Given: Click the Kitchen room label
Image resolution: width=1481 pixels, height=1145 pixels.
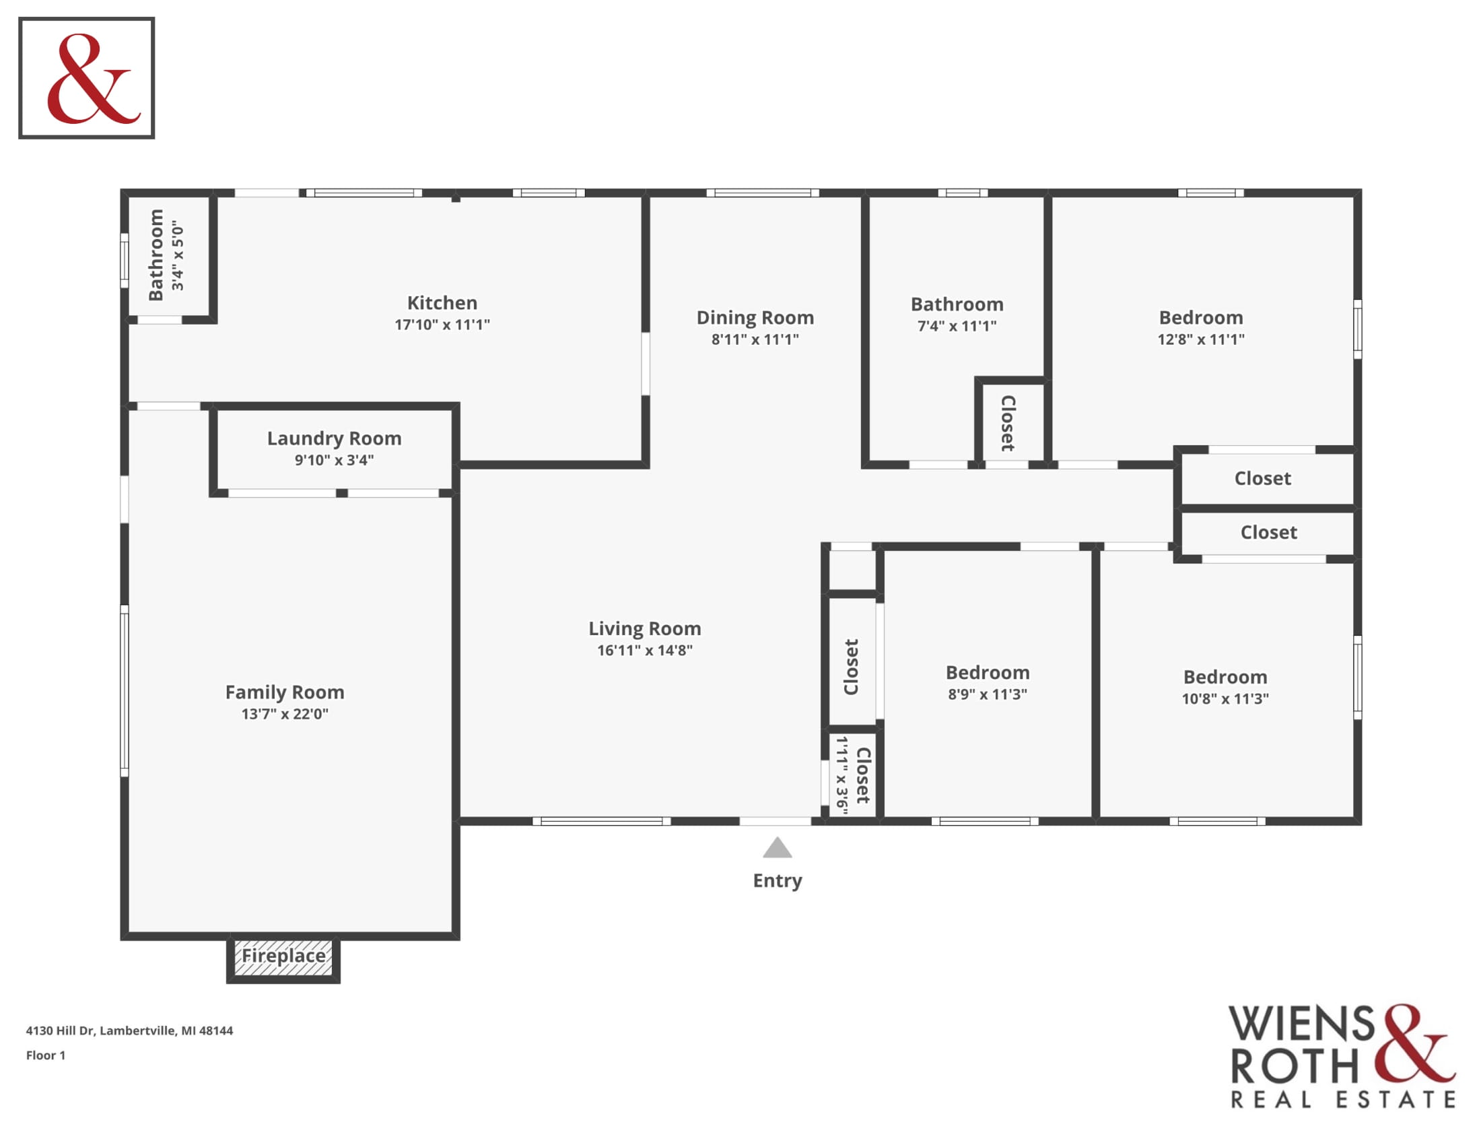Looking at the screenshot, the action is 442,302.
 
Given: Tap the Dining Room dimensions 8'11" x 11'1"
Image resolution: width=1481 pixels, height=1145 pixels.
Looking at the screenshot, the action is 755,339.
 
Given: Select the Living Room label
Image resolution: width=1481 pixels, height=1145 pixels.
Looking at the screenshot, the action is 645,629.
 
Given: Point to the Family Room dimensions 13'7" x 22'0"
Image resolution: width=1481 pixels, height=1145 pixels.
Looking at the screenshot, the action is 285,713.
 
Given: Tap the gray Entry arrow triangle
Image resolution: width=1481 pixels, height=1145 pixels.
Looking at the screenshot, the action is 777,847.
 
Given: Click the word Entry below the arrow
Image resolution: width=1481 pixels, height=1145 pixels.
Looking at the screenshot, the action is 777,880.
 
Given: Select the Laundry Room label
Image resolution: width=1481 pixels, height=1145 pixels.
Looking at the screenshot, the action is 335,438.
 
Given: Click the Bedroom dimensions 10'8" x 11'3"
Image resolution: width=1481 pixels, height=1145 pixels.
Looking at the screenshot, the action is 1225,698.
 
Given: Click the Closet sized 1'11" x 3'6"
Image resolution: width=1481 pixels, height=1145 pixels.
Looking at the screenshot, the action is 852,775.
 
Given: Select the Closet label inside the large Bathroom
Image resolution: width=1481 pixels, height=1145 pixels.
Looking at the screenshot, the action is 1008,423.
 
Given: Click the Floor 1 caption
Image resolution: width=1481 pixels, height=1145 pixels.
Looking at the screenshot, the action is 45,1055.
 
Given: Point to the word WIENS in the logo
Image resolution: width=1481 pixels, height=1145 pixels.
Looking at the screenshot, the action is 1302,1024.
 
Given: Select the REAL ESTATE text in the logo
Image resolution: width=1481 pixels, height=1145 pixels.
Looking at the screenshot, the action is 1344,1100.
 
